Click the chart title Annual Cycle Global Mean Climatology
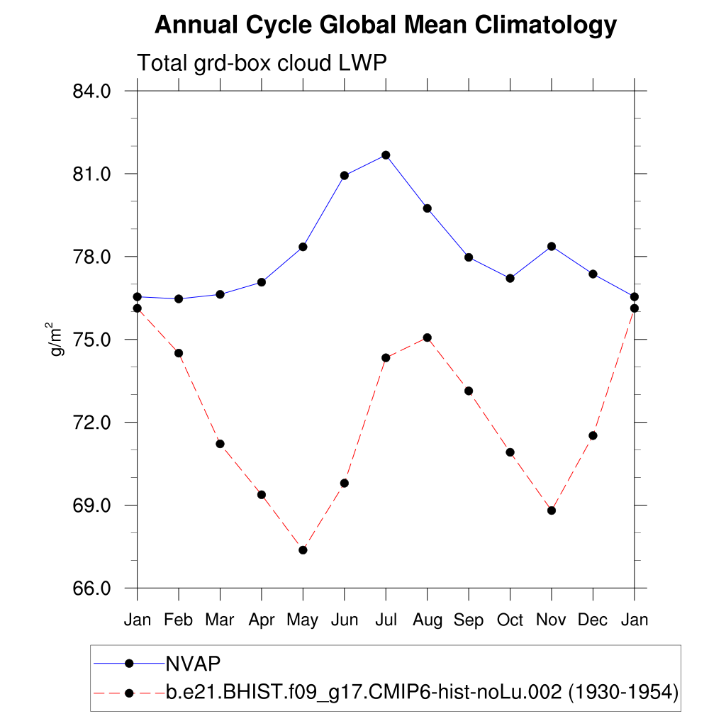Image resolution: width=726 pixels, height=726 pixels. pos(386,26)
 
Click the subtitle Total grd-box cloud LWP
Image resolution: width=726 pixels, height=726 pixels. pos(261,63)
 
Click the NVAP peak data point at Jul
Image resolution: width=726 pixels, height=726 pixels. pos(386,155)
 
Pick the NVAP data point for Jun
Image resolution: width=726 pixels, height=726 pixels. pos(345,176)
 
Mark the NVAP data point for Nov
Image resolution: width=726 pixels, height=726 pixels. pos(552,246)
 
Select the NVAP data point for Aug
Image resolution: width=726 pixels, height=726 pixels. pos(427,208)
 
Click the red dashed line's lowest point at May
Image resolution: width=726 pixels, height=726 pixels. pos(303,550)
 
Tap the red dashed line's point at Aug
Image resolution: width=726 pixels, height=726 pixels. pos(427,337)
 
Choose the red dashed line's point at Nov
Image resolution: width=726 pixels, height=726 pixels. pos(552,510)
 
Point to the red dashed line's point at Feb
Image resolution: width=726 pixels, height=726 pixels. pos(179,353)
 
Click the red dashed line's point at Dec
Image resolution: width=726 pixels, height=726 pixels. pos(593,435)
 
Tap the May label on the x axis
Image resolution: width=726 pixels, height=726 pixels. pos(303,620)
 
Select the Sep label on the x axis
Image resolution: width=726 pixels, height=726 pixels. pos(469,620)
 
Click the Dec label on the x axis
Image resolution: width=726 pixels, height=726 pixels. pos(593,620)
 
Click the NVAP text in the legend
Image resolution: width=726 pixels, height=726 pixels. pos(193,664)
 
